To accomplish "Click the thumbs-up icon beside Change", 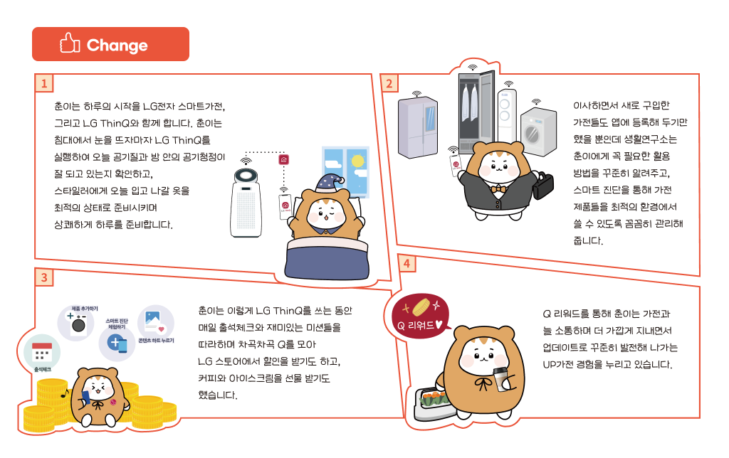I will click(x=70, y=45).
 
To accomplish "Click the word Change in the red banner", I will click(x=117, y=46).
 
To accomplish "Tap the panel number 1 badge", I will click(x=44, y=82).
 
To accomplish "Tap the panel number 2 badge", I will click(x=389, y=83).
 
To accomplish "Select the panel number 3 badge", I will click(x=44, y=277).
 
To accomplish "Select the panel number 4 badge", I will click(x=407, y=263).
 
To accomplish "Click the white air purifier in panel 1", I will click(x=248, y=203).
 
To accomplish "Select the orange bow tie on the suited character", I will click(x=498, y=190).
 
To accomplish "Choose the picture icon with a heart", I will click(x=155, y=322).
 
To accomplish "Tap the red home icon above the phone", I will click(x=283, y=160).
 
